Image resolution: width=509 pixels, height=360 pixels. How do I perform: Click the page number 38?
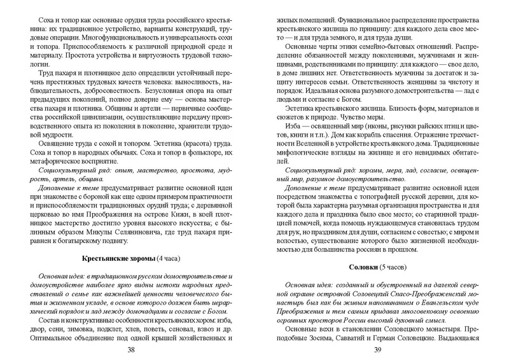coord(131,350)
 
